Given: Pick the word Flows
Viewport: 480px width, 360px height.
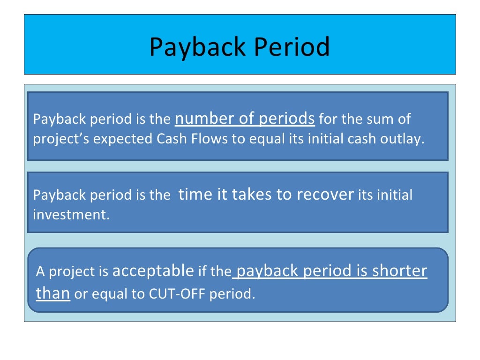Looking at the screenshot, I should [210, 139].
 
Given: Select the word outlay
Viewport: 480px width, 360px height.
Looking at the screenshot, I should [405, 139].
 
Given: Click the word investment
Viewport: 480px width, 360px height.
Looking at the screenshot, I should [70, 215].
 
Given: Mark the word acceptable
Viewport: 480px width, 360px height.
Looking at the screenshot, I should [153, 270].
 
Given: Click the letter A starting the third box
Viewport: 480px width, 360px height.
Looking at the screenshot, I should [41, 271].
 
